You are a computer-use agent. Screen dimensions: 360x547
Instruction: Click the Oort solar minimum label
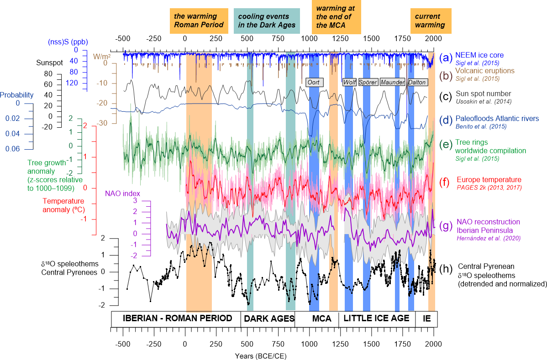tap(315, 82)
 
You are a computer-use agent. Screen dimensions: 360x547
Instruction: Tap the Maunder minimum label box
tap(392, 82)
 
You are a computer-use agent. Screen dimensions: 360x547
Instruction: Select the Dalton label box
tap(417, 82)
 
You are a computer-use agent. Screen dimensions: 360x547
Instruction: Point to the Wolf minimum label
tap(349, 82)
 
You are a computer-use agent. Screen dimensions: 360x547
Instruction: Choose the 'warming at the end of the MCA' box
tap(336, 17)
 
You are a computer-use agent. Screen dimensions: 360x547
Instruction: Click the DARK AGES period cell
tap(268, 318)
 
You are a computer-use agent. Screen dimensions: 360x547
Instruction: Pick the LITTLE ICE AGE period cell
tap(377, 318)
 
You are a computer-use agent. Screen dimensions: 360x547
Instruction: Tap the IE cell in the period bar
tap(426, 318)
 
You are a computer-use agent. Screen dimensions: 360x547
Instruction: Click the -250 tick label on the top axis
tap(153, 38)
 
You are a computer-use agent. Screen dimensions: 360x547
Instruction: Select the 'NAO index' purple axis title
tap(122, 193)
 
